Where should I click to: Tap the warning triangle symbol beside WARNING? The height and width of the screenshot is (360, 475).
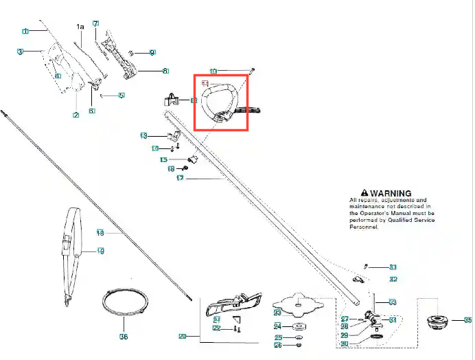coord(356,194)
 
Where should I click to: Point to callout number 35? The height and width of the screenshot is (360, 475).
coord(467,320)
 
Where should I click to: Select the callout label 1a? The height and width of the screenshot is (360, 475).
coord(80,27)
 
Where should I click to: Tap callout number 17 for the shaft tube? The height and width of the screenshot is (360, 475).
coord(180,179)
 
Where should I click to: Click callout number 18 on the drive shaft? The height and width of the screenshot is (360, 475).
coord(100,232)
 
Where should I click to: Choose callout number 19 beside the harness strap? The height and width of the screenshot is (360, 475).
coord(100,252)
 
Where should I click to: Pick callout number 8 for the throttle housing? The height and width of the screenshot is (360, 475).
coord(165,70)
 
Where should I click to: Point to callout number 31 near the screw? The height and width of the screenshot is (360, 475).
coord(393,267)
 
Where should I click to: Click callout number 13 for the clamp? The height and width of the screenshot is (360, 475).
coord(143,135)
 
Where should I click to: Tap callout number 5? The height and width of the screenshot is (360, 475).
coord(121,95)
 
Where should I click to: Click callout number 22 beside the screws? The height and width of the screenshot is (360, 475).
coord(216,328)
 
